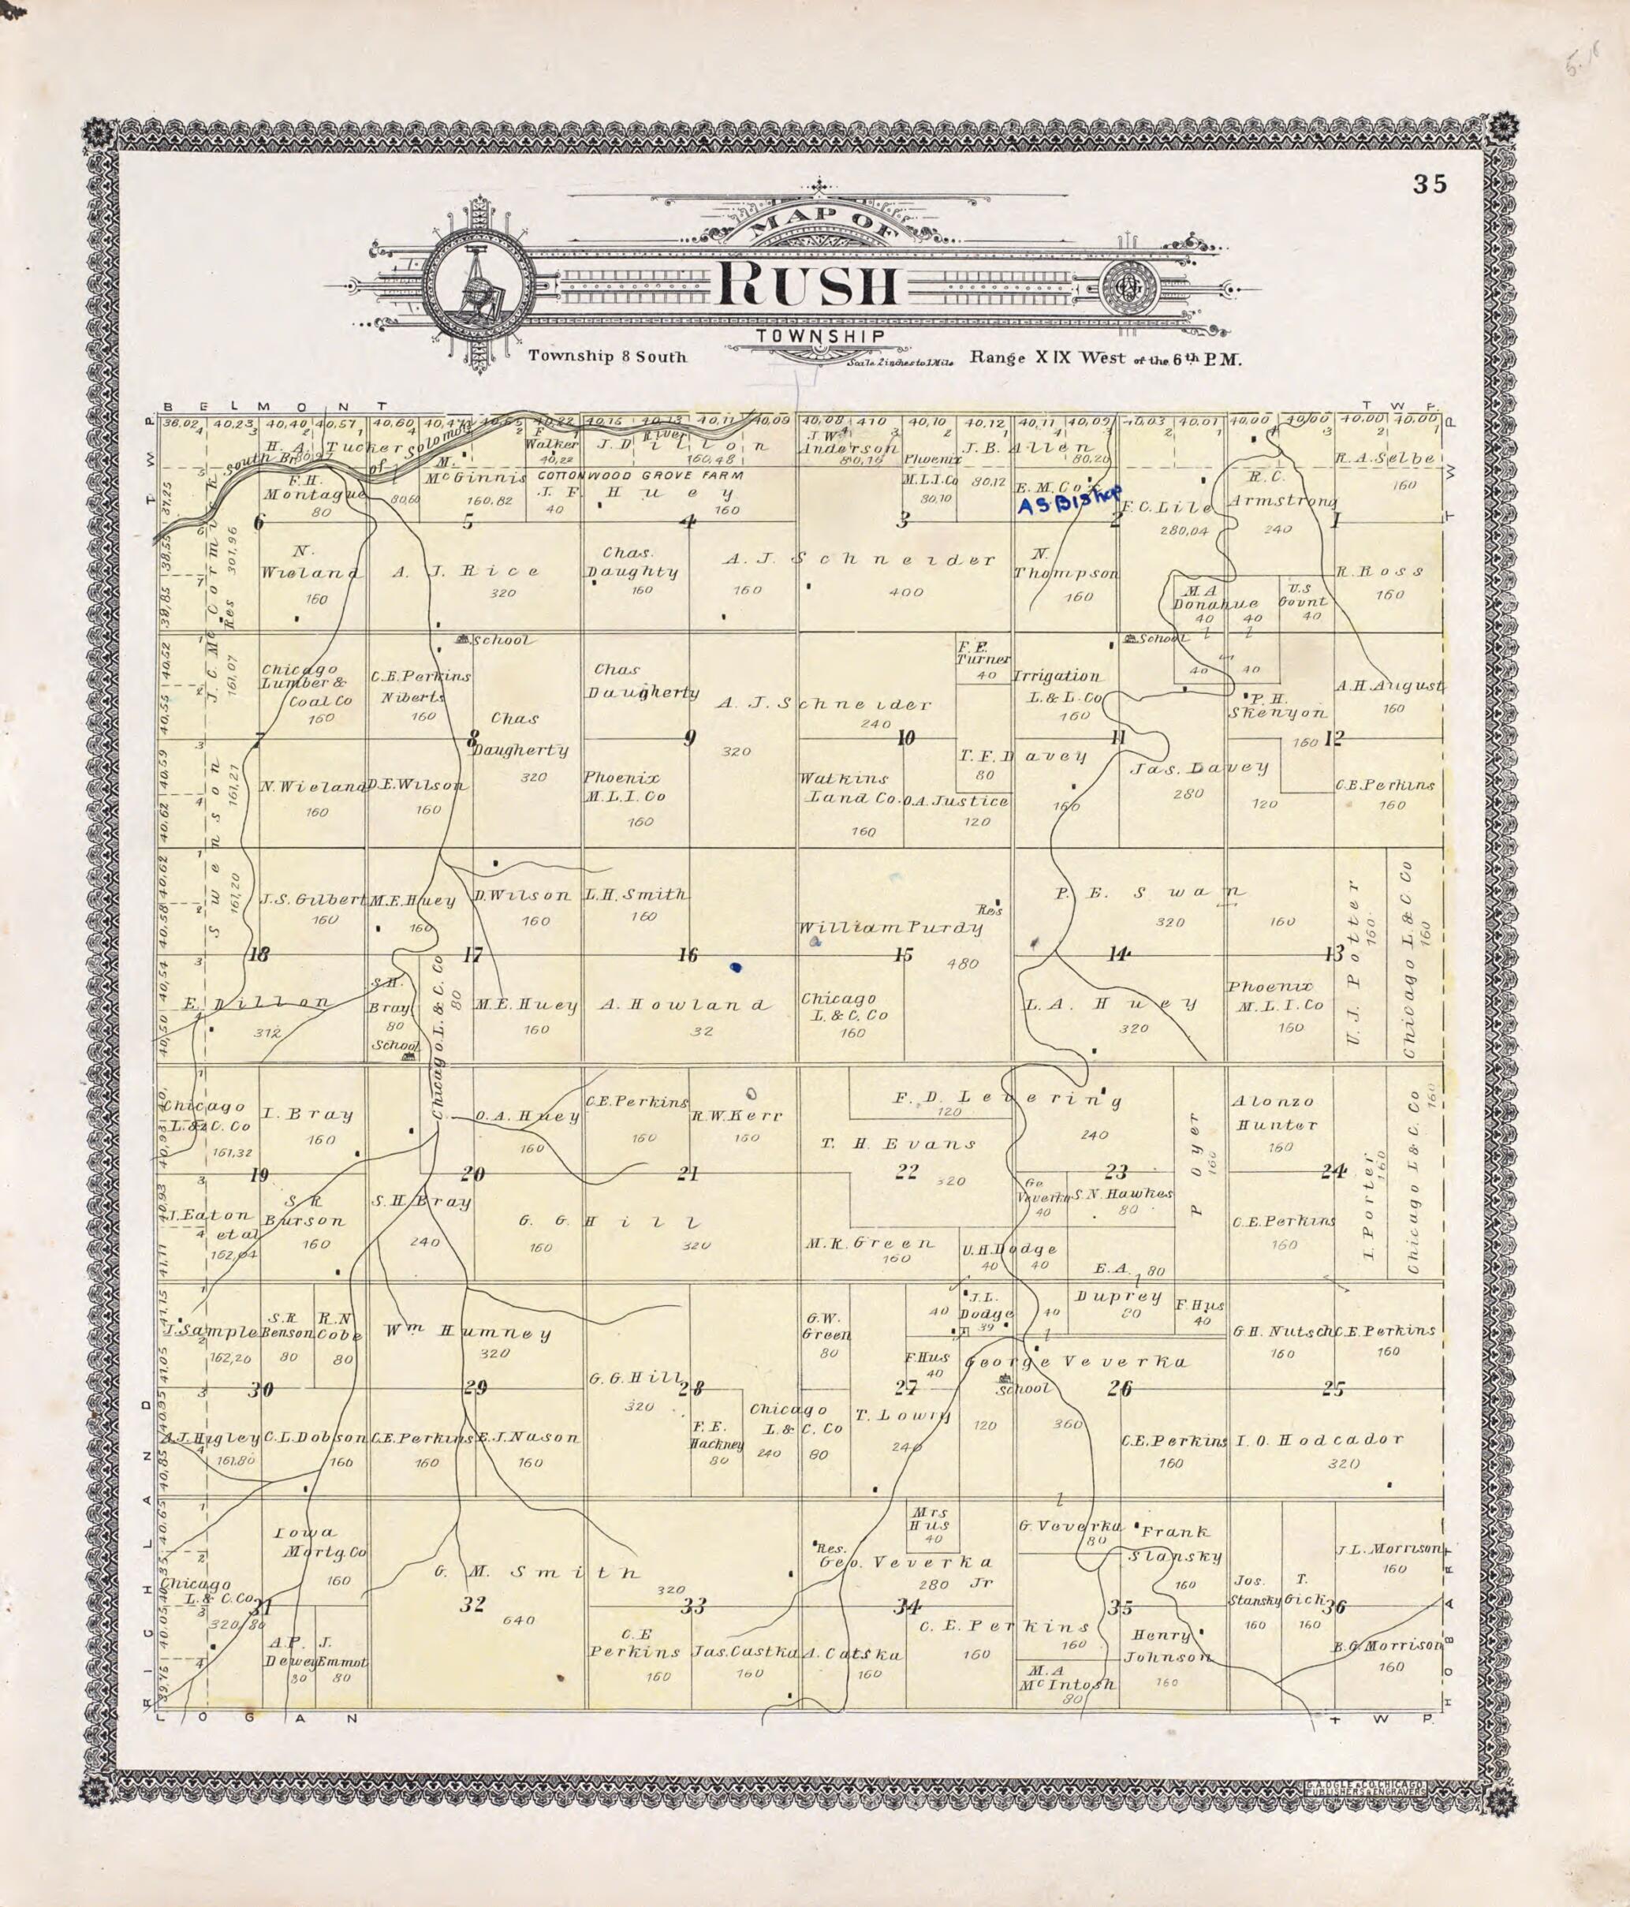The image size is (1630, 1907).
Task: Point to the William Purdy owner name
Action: tap(891, 927)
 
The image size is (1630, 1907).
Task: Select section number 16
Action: tap(688, 955)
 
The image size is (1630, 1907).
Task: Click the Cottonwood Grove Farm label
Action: tap(640, 476)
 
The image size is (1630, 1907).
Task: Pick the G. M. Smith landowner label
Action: tap(536, 1572)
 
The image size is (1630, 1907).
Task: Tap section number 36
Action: tap(1333, 1608)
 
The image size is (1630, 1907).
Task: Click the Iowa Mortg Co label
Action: tap(320, 1543)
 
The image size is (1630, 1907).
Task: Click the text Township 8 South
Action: tap(607, 356)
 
